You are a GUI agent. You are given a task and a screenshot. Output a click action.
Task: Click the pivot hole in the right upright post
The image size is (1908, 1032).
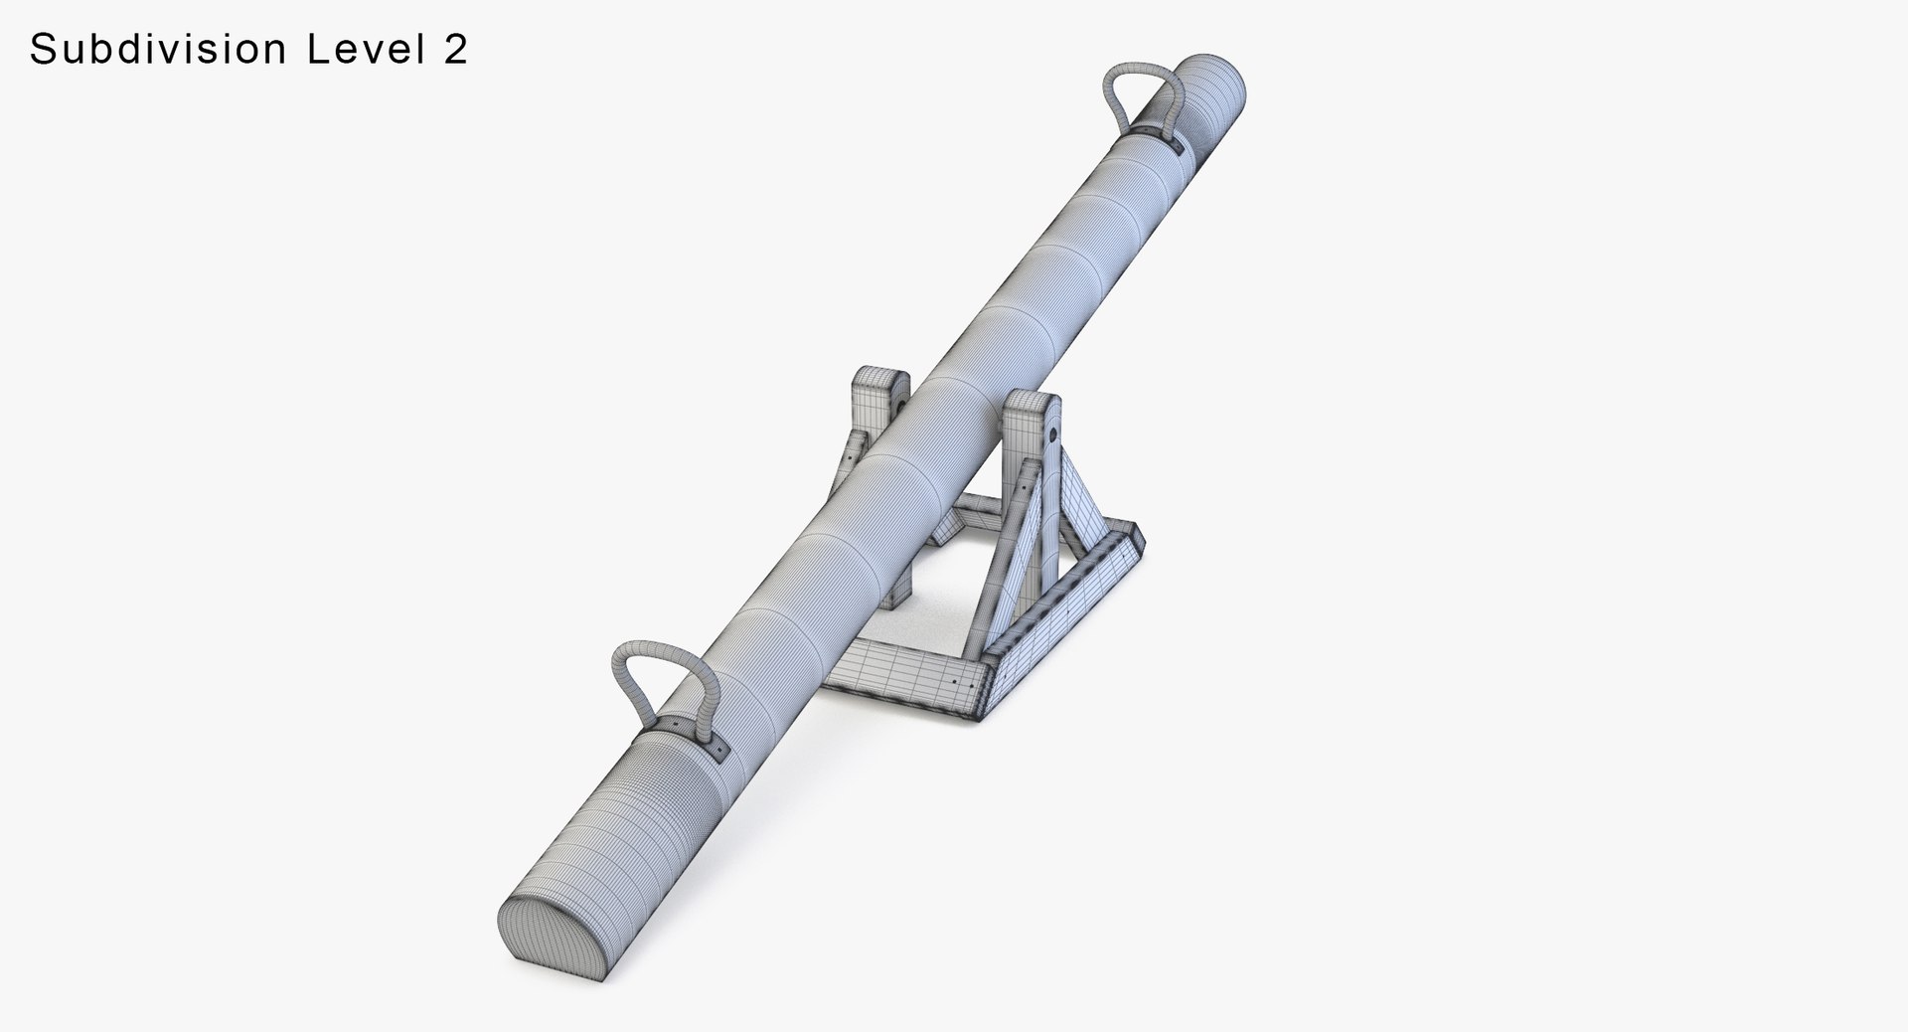coord(1051,433)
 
